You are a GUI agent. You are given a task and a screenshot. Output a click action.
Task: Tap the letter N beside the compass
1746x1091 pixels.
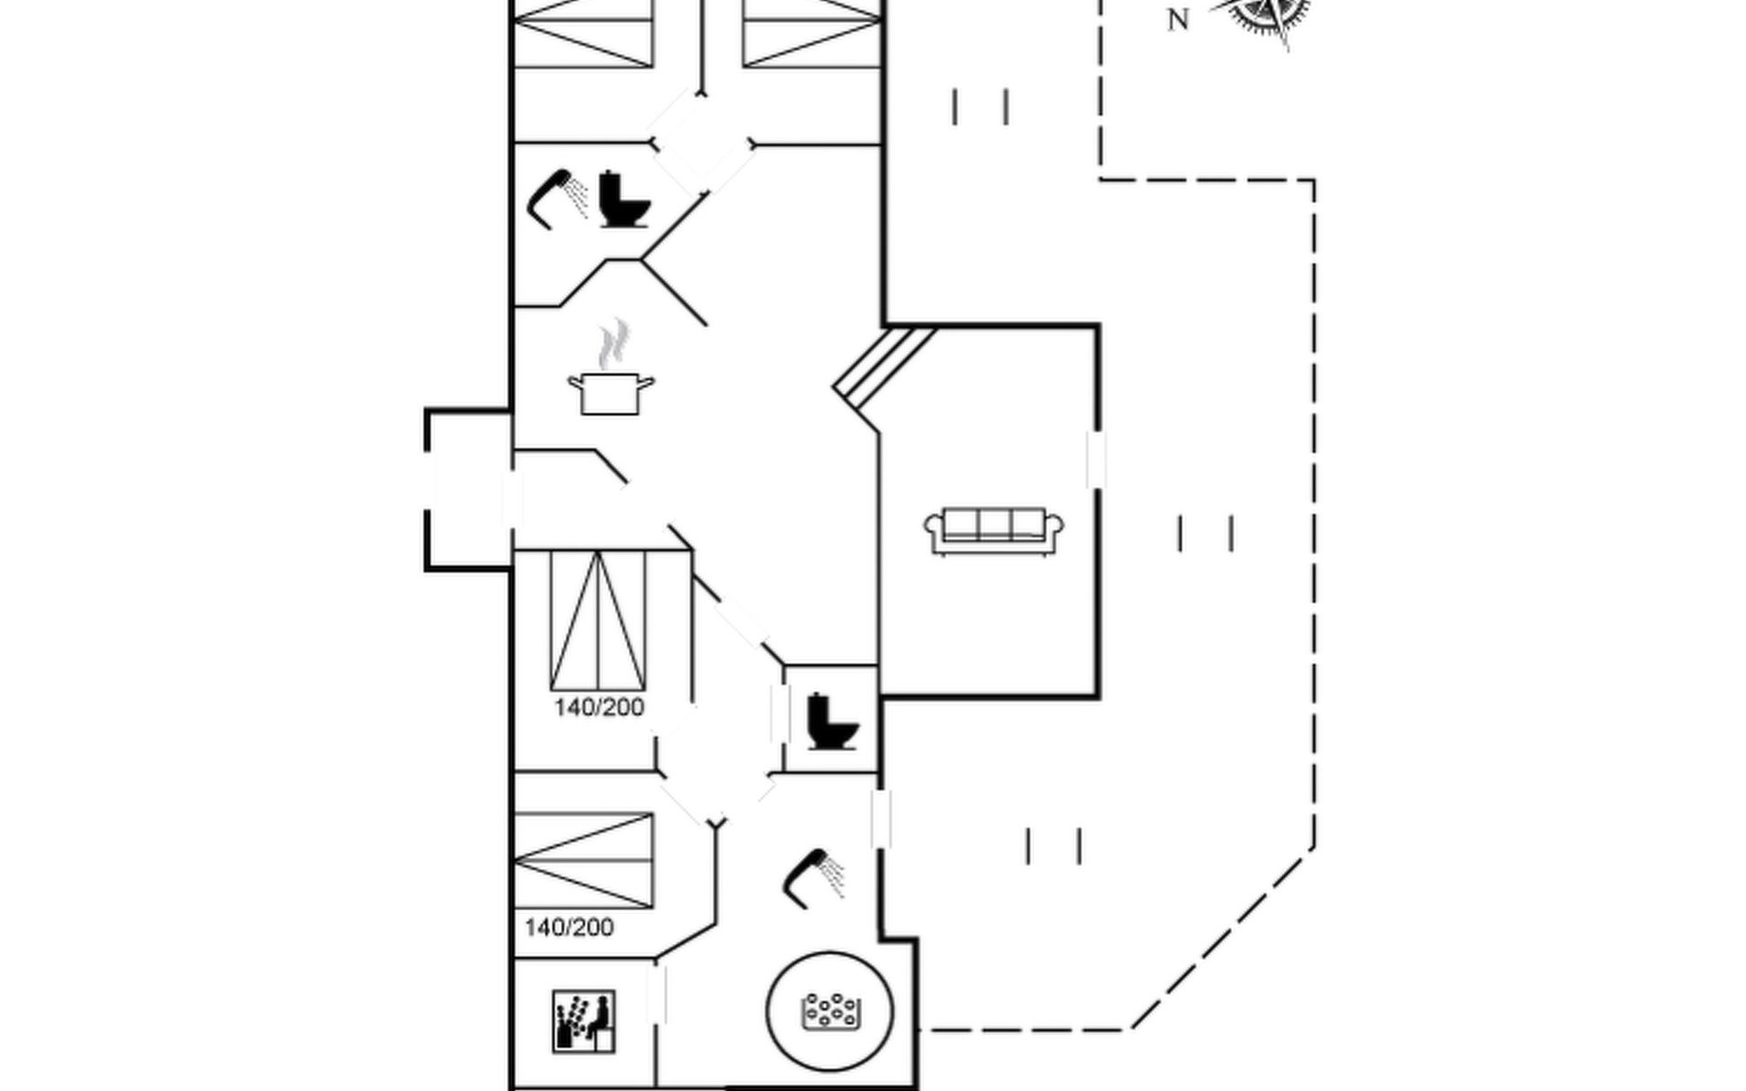coord(1179,20)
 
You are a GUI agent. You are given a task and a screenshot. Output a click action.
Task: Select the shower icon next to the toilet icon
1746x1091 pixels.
coord(557,197)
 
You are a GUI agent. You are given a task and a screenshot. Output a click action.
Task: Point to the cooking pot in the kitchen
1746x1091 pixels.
coord(610,393)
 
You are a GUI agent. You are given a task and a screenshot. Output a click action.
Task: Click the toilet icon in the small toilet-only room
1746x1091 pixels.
coord(831,722)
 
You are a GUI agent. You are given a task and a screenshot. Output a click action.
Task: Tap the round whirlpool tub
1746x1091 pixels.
coord(829,1012)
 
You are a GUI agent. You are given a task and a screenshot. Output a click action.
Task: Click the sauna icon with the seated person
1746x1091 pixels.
coord(584,1022)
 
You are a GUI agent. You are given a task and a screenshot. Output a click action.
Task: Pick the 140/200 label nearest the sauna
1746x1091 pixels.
coord(569,927)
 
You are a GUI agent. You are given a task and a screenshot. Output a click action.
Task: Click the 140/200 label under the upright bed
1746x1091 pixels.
coord(599,707)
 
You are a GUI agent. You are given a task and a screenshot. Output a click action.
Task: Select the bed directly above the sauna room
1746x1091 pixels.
coord(584,861)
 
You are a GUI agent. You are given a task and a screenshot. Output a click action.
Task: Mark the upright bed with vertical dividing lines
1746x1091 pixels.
coord(598,619)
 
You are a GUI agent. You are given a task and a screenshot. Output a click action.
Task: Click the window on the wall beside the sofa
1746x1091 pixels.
coord(1096,460)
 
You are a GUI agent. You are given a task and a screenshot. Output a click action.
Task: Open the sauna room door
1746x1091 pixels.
coord(657,994)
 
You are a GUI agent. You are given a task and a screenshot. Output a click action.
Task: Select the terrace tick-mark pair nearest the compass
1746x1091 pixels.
coord(980,106)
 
